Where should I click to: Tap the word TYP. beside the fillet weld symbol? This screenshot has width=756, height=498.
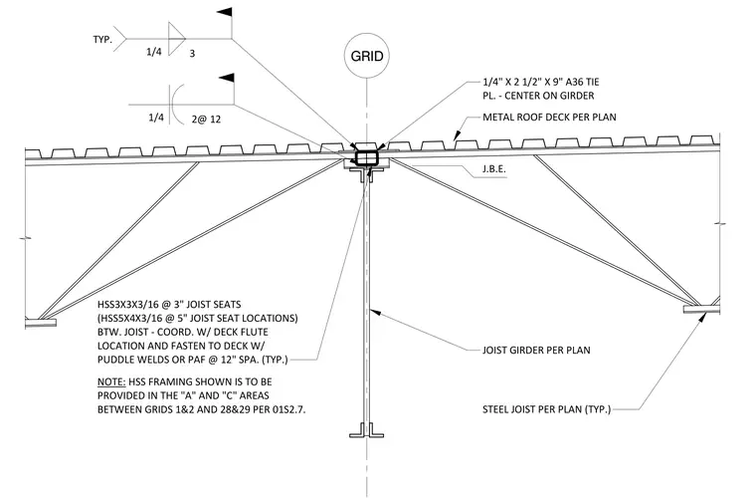tap(102, 40)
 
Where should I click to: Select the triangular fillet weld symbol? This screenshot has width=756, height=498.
tap(176, 39)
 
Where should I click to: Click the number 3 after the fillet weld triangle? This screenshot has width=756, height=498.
tap(192, 53)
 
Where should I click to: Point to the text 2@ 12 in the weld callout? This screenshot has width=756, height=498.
tap(206, 119)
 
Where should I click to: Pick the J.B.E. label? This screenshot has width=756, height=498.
tap(493, 169)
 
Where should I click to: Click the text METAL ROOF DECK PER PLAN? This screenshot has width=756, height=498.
tap(549, 117)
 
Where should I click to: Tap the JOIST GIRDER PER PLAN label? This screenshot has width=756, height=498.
tap(536, 350)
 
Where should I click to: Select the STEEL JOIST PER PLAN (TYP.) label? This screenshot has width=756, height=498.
tap(546, 409)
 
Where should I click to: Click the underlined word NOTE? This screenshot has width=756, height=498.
tap(111, 381)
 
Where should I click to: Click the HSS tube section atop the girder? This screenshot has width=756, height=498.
tap(367, 157)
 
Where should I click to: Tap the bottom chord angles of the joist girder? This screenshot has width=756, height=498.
tap(367, 430)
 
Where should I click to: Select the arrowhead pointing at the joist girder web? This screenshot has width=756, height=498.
tap(375, 313)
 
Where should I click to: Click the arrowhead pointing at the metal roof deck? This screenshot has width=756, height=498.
tap(457, 135)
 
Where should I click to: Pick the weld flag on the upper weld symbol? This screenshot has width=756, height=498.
tap(225, 12)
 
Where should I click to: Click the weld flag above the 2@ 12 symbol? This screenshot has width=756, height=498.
tap(227, 78)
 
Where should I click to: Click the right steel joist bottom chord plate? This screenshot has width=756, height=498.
tap(701, 309)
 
